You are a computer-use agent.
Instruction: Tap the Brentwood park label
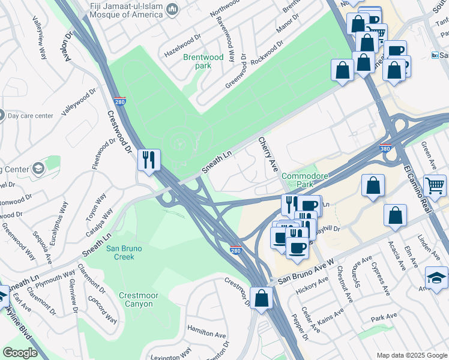coord(203,61)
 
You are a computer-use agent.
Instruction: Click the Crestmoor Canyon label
coord(142,299)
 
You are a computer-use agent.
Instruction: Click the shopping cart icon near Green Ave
coord(435,185)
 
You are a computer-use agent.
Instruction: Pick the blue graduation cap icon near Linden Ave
coord(436,278)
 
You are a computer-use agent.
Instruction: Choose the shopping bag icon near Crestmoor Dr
coord(262,298)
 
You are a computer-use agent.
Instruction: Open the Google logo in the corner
coord(20,353)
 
